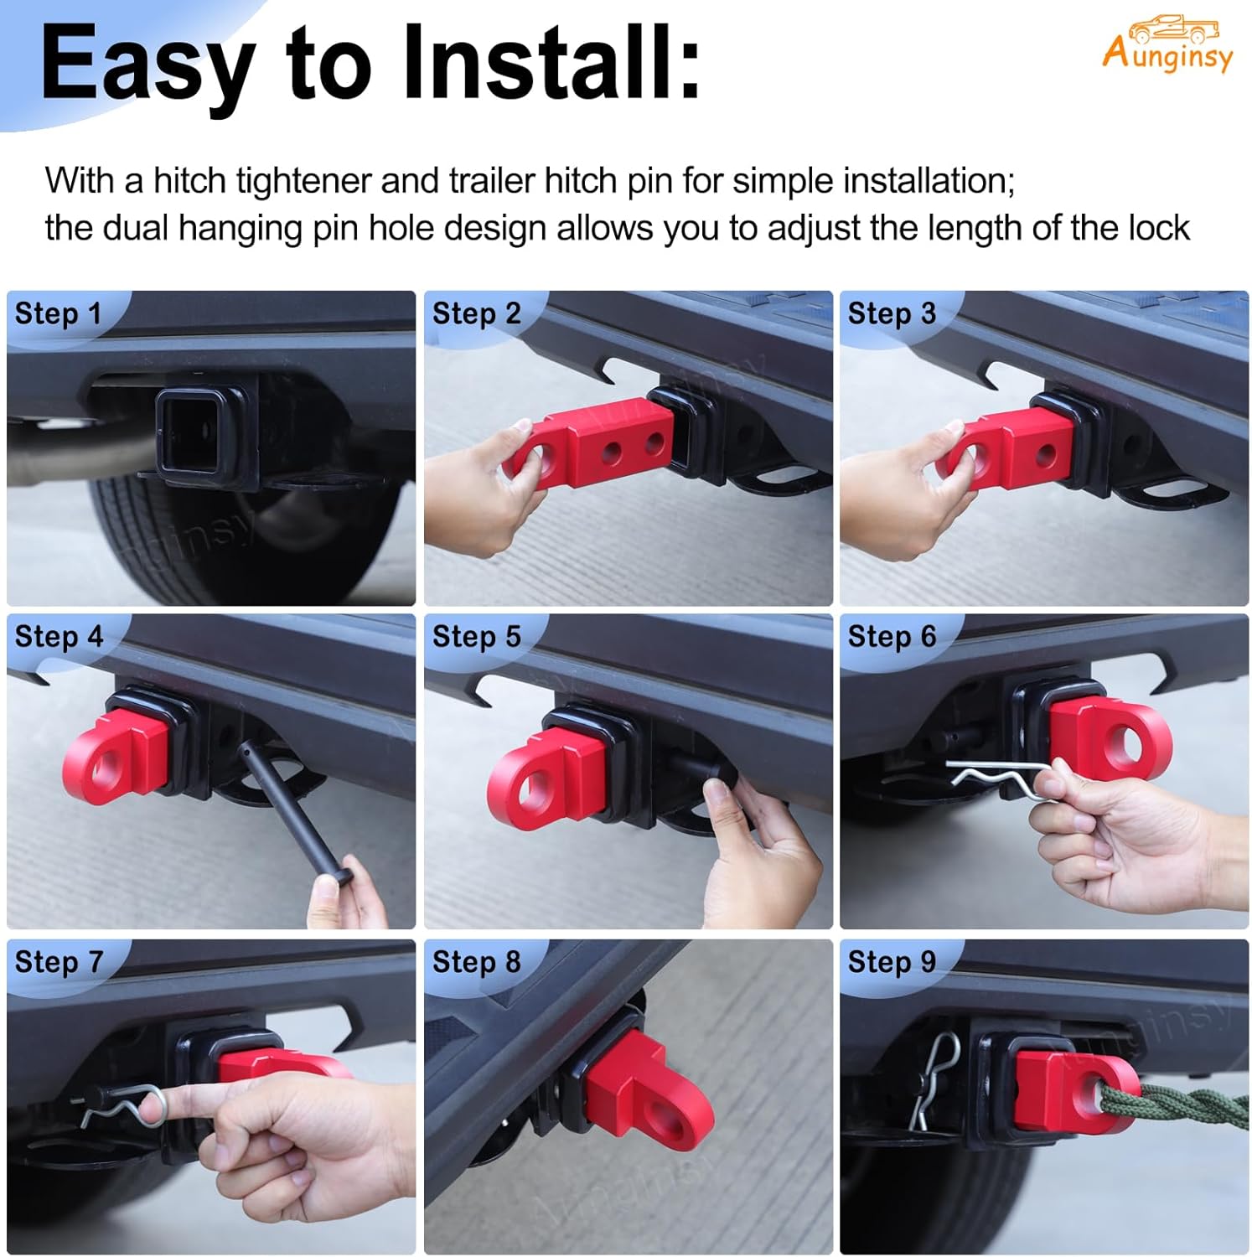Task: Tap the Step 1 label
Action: tap(58, 313)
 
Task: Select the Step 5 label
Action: tap(476, 636)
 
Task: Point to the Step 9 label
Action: tap(892, 961)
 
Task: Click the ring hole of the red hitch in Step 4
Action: tap(104, 767)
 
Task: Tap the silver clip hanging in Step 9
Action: tap(934, 1081)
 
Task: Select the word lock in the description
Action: tap(1159, 228)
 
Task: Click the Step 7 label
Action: tap(58, 961)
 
